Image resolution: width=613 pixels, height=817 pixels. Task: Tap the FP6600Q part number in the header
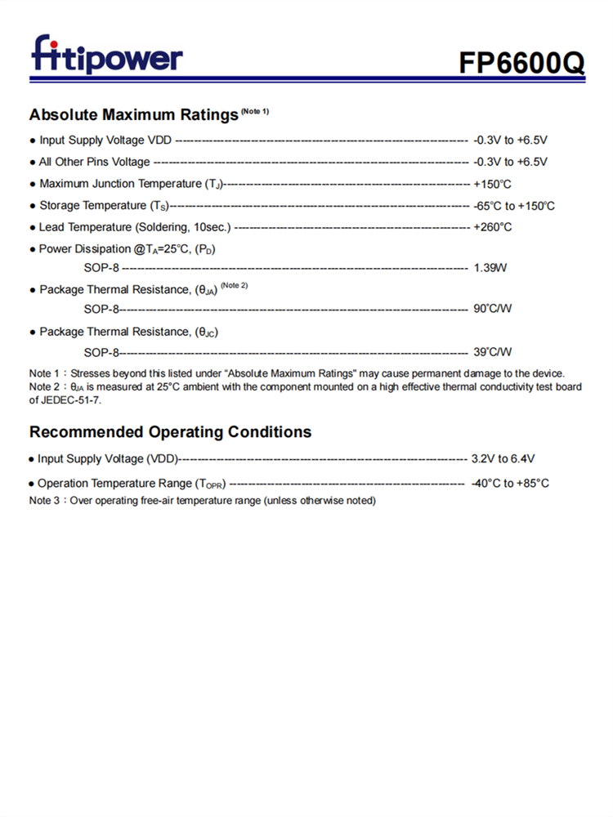point(521,63)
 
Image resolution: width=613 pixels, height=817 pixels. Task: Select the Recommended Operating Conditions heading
point(170,431)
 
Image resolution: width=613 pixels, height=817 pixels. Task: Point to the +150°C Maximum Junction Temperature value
point(492,184)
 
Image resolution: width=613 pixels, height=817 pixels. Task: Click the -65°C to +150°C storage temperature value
point(514,206)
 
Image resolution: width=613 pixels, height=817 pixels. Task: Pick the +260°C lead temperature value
point(492,227)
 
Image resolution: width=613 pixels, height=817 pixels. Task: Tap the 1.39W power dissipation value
point(490,268)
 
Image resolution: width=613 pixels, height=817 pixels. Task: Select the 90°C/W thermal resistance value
point(492,309)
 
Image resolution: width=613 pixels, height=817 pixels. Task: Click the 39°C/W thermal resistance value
point(492,352)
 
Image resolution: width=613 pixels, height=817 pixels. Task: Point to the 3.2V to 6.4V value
point(503,459)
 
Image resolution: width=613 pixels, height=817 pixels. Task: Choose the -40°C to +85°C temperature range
point(510,484)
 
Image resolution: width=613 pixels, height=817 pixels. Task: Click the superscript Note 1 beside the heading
point(254,110)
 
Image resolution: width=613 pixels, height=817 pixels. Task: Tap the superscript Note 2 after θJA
point(234,285)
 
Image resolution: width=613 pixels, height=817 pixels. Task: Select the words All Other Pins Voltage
point(95,162)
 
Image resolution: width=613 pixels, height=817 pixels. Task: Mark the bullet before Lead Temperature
point(32,228)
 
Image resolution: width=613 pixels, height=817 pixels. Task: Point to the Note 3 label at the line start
point(43,500)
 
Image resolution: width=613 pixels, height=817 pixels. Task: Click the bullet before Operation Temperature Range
point(32,484)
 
